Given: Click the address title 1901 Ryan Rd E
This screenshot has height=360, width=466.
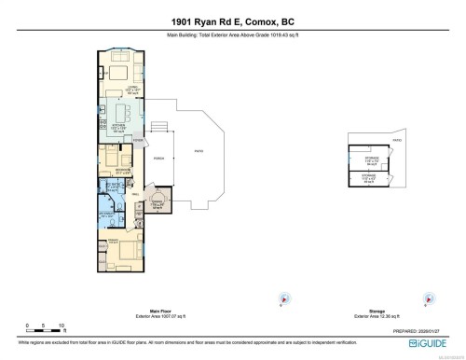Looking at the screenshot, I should [232, 22].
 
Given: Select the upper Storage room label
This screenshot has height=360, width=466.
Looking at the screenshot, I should [371, 160].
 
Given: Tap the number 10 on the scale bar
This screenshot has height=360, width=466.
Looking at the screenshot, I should [62, 326].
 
